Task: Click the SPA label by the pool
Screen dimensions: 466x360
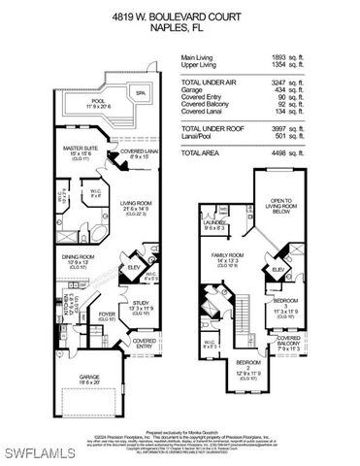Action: click(142, 93)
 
